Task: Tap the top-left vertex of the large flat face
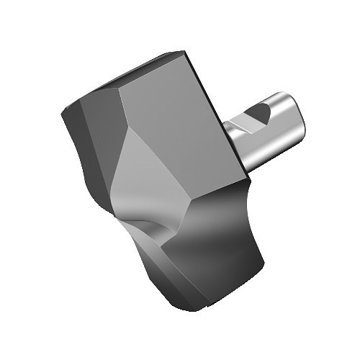(x=120, y=89)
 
